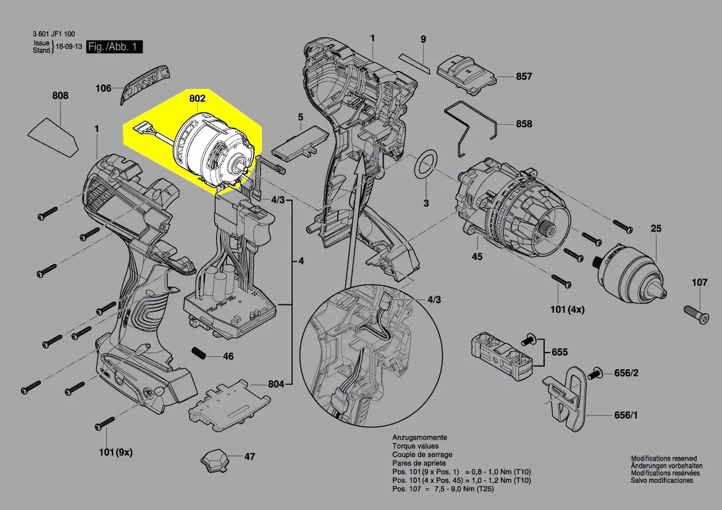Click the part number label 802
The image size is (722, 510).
(x=198, y=98)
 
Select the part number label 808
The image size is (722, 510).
(x=61, y=96)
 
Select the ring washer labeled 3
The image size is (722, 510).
(x=425, y=165)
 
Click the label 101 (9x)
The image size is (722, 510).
(x=115, y=452)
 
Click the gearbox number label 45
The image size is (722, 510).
(x=477, y=256)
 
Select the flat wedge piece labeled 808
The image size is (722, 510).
(x=53, y=135)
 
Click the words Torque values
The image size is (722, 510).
(x=415, y=446)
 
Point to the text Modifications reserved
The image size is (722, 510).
(x=663, y=459)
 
